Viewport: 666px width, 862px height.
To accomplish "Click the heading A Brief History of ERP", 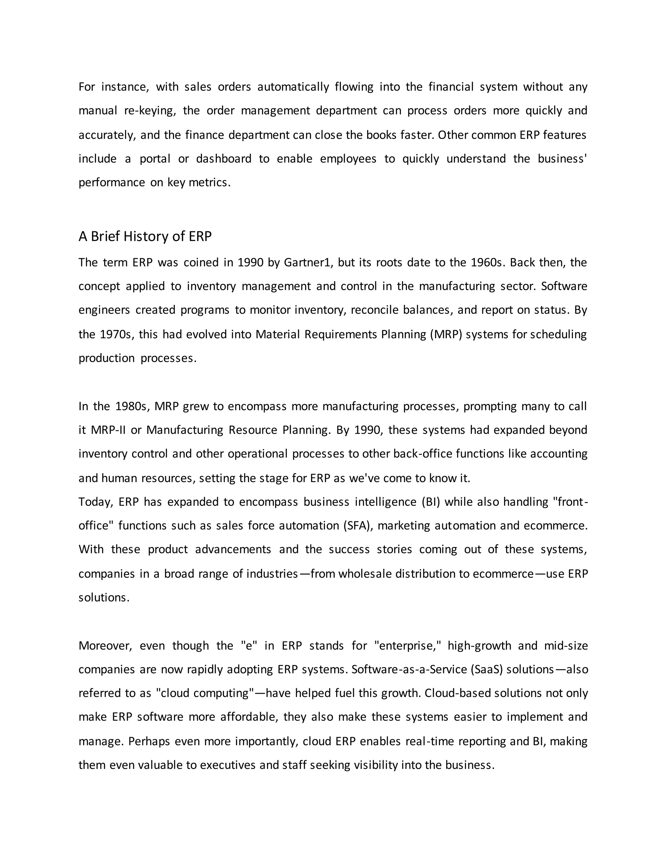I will pos(145,236).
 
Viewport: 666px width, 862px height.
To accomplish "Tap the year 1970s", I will pos(115,334).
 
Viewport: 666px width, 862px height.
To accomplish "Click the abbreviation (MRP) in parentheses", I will pos(446,334).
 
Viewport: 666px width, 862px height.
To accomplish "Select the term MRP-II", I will pos(108,430).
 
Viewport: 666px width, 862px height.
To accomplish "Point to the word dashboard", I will pos(224,159).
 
